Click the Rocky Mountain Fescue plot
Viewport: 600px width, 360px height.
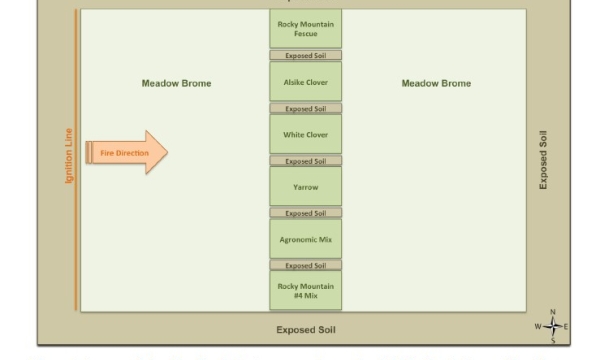305,29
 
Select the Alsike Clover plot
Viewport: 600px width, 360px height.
305,82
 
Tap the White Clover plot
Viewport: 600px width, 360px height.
305,134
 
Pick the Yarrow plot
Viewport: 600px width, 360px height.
305,186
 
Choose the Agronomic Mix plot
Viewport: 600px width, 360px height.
305,239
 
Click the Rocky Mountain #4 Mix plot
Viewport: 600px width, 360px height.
305,290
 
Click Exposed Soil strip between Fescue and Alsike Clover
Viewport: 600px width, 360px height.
305,56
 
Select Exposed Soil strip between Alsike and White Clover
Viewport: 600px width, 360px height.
305,108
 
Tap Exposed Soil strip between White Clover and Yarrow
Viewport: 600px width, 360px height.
305,161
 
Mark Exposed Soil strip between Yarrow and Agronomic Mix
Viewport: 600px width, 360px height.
305,213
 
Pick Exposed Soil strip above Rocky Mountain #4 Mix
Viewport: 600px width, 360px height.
305,265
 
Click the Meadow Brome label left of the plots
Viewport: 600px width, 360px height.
176,83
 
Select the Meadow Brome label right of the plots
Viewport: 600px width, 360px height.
435,83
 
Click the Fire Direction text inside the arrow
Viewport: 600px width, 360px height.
124,153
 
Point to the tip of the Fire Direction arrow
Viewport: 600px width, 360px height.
166,152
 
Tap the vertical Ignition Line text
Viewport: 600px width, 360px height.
69,155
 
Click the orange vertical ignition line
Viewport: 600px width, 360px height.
76,160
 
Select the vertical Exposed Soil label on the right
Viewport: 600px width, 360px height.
543,160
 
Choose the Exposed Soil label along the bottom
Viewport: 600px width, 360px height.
305,329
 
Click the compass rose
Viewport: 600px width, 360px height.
552,326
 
